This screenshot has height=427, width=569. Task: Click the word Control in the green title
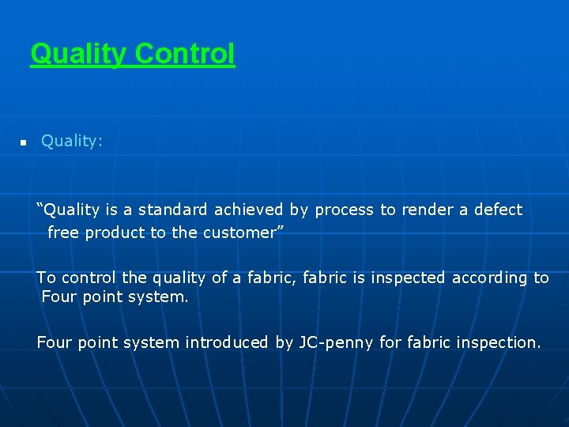pyautogui.click(x=185, y=54)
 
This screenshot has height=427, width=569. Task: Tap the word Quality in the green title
pyautogui.click(x=78, y=54)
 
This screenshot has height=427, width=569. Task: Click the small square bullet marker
pyautogui.click(x=24, y=142)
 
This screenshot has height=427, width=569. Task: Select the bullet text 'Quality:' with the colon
pyautogui.click(x=71, y=141)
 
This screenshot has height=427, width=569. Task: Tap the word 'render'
pyautogui.click(x=427, y=210)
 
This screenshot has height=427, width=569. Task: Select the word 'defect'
pyautogui.click(x=498, y=210)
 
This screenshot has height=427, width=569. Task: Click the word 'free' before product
pyautogui.click(x=63, y=232)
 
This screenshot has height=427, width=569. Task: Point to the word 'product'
pyautogui.click(x=114, y=232)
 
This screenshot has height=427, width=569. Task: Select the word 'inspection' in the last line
pyautogui.click(x=496, y=342)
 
